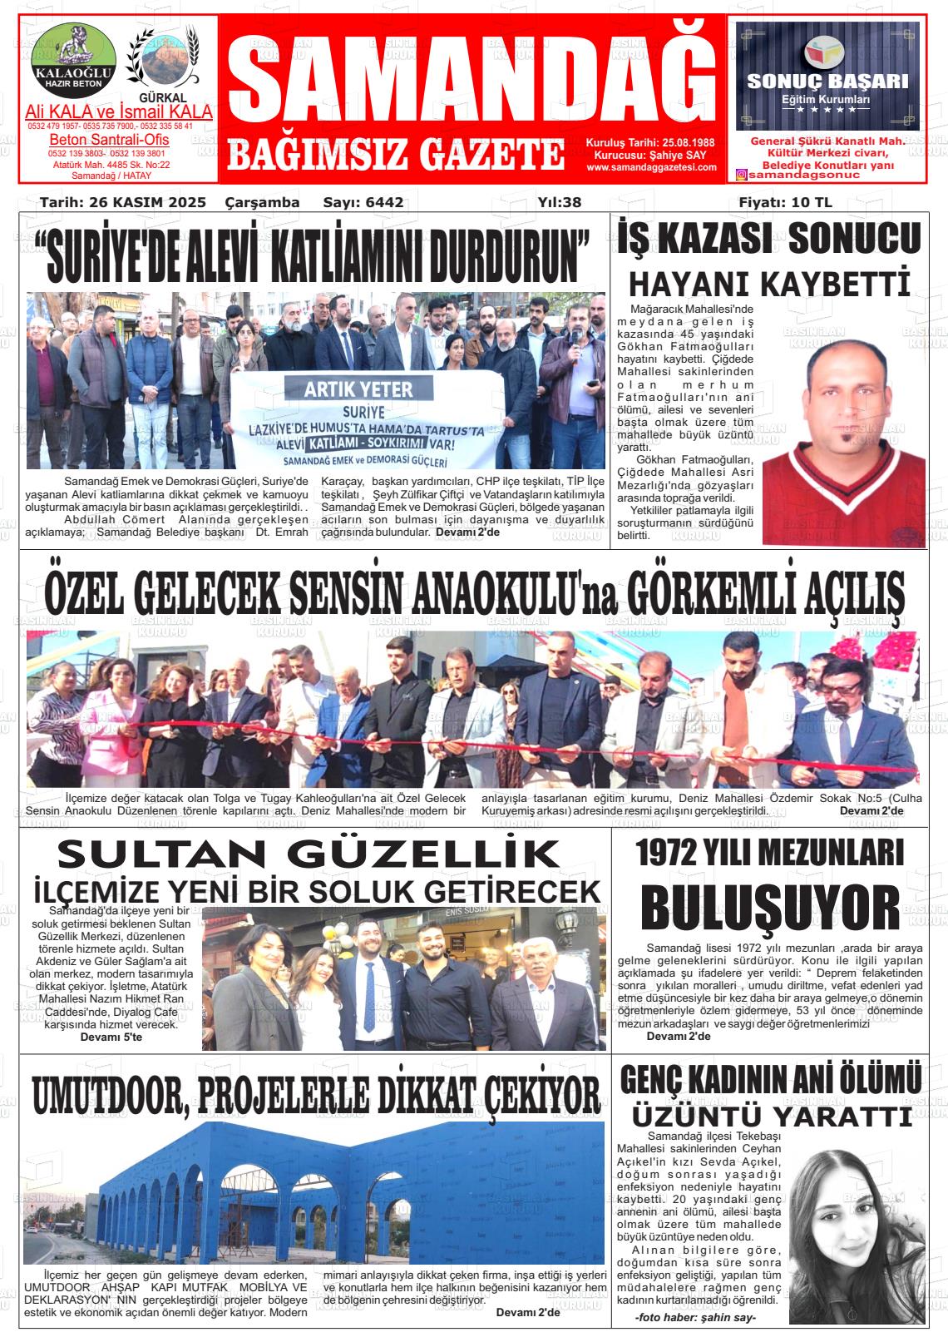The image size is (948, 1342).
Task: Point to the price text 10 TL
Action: [x=812, y=202]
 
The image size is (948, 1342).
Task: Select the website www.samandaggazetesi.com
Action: [x=651, y=167]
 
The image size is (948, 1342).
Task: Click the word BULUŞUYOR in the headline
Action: [x=770, y=908]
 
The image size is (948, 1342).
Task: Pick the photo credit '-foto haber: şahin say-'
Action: [x=695, y=1318]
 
